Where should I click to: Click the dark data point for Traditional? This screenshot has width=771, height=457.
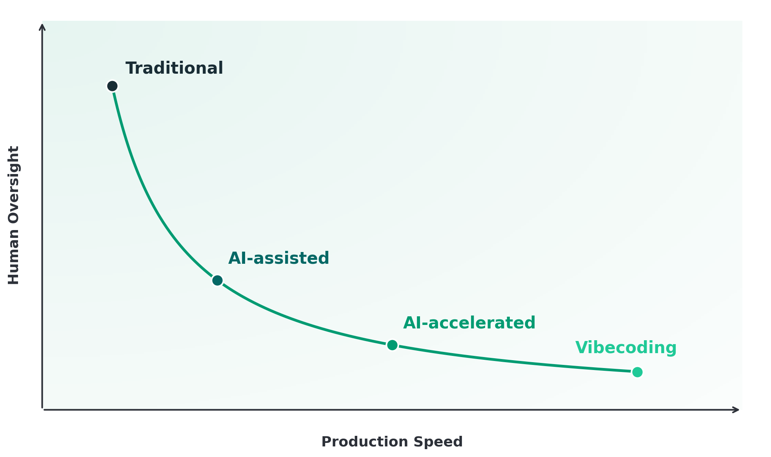pyautogui.click(x=113, y=86)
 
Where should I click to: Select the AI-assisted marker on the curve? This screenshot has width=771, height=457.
pyautogui.click(x=217, y=281)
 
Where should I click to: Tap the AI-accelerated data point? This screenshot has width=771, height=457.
pyautogui.click(x=392, y=345)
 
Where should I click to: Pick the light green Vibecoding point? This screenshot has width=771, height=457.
pyautogui.click(x=637, y=372)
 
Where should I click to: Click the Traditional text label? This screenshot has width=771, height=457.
pyautogui.click(x=174, y=68)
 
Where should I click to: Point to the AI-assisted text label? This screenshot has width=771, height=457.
pyautogui.click(x=278, y=259)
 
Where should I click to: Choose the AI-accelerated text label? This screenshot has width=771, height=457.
pyautogui.click(x=469, y=323)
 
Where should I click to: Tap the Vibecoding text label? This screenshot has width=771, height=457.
pyautogui.click(x=626, y=348)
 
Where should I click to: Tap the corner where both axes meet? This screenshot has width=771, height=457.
pyautogui.click(x=42, y=410)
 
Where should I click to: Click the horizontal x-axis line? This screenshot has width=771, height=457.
pyautogui.click(x=390, y=410)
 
